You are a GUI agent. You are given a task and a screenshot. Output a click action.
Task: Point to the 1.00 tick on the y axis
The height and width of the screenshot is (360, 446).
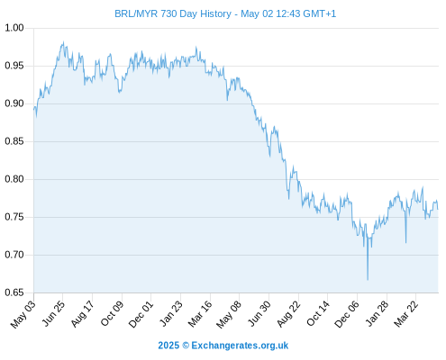(14, 28)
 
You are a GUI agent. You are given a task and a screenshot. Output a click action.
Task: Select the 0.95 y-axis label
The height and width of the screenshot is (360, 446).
(14, 66)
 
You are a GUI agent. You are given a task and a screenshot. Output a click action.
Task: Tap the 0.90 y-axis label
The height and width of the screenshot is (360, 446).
(14, 103)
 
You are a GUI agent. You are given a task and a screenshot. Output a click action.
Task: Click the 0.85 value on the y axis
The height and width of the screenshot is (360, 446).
(14, 141)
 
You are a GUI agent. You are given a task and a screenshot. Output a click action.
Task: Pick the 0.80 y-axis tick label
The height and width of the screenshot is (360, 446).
(14, 179)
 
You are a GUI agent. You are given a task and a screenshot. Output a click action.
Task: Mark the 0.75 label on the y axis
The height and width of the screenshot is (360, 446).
(14, 217)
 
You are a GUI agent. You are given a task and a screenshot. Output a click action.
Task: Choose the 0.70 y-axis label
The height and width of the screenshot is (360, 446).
(14, 255)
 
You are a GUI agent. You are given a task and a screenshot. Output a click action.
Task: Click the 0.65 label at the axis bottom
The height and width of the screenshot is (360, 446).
(14, 292)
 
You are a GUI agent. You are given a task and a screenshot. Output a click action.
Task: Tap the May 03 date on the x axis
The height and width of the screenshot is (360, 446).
(23, 314)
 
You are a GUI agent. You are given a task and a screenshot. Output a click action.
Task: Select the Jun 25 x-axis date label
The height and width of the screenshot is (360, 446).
(52, 314)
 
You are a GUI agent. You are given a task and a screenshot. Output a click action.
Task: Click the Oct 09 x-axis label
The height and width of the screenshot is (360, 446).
(112, 314)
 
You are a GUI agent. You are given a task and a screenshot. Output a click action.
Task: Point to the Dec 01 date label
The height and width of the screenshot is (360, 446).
(141, 314)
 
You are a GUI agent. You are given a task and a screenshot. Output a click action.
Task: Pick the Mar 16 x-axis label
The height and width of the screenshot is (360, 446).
(200, 314)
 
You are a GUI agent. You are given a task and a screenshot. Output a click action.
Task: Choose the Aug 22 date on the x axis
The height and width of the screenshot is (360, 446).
(288, 314)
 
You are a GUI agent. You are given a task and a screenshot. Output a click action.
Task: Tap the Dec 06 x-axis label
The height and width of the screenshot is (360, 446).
(347, 314)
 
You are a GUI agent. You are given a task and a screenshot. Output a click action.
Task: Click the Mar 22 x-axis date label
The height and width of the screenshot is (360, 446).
(405, 314)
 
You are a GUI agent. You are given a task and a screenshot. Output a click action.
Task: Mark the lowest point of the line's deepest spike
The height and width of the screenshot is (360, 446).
(368, 280)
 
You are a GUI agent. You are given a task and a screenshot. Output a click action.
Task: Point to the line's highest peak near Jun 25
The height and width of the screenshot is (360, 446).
(63, 42)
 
